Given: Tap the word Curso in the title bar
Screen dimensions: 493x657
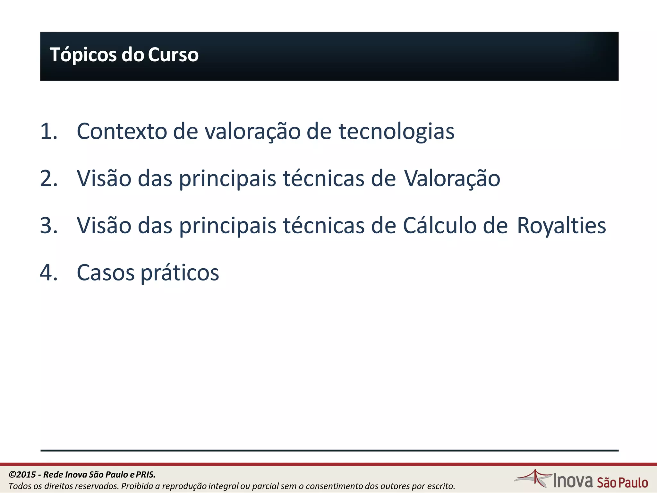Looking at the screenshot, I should click(x=173, y=55).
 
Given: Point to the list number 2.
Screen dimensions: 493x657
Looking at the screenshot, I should click(x=48, y=178).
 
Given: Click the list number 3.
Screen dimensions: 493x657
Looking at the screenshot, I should click(x=48, y=226).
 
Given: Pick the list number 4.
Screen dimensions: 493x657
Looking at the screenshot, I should click(x=48, y=273).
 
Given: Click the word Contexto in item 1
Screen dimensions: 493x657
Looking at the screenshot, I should click(x=122, y=131).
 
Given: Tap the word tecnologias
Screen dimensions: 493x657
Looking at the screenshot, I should click(x=397, y=132).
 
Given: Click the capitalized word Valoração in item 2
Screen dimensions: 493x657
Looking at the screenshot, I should click(x=452, y=178).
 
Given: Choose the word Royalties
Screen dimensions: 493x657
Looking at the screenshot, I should click(x=561, y=226).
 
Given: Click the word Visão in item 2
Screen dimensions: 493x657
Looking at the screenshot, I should click(x=104, y=178).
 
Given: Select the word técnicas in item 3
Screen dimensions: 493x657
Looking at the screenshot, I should click(x=324, y=226).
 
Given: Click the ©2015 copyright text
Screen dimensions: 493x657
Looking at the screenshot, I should click(x=22, y=474).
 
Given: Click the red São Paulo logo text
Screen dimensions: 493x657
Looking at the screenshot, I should click(x=622, y=483).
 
